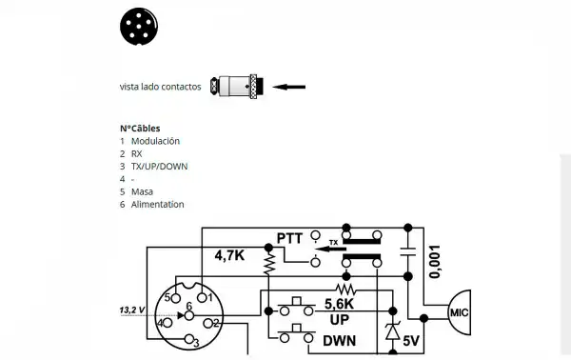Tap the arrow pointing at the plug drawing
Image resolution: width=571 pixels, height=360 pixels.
289,87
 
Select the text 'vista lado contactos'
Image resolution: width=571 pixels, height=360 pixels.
160,87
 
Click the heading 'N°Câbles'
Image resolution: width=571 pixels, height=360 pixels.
140,128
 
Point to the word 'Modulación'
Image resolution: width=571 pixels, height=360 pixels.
155,141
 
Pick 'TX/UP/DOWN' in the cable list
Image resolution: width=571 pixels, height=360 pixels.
159,166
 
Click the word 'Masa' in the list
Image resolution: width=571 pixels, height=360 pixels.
142,191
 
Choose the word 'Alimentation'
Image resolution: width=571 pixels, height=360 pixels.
157,204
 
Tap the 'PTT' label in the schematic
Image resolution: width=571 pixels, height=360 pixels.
289,237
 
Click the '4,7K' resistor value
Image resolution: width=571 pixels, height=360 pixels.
230,256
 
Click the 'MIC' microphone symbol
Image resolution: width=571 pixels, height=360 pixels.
457,311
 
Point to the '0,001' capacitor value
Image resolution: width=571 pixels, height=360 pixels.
435,258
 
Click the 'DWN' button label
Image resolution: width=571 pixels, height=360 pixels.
340,340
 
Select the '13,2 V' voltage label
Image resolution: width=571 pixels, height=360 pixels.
131,310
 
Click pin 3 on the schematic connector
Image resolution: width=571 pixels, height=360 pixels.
190,340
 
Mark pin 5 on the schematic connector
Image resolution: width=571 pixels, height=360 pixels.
168,298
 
